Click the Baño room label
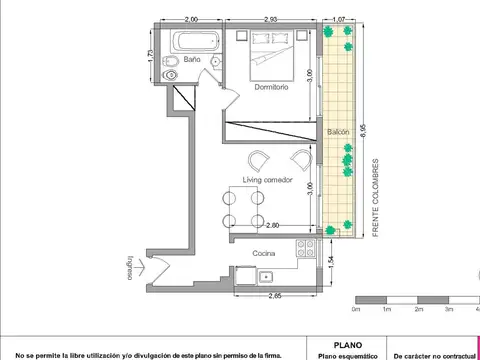(193, 60)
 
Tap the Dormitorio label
(271, 88)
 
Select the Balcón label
(338, 132)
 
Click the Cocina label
(264, 253)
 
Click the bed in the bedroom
(272, 55)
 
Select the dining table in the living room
(245, 207)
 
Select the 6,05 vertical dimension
(364, 124)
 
